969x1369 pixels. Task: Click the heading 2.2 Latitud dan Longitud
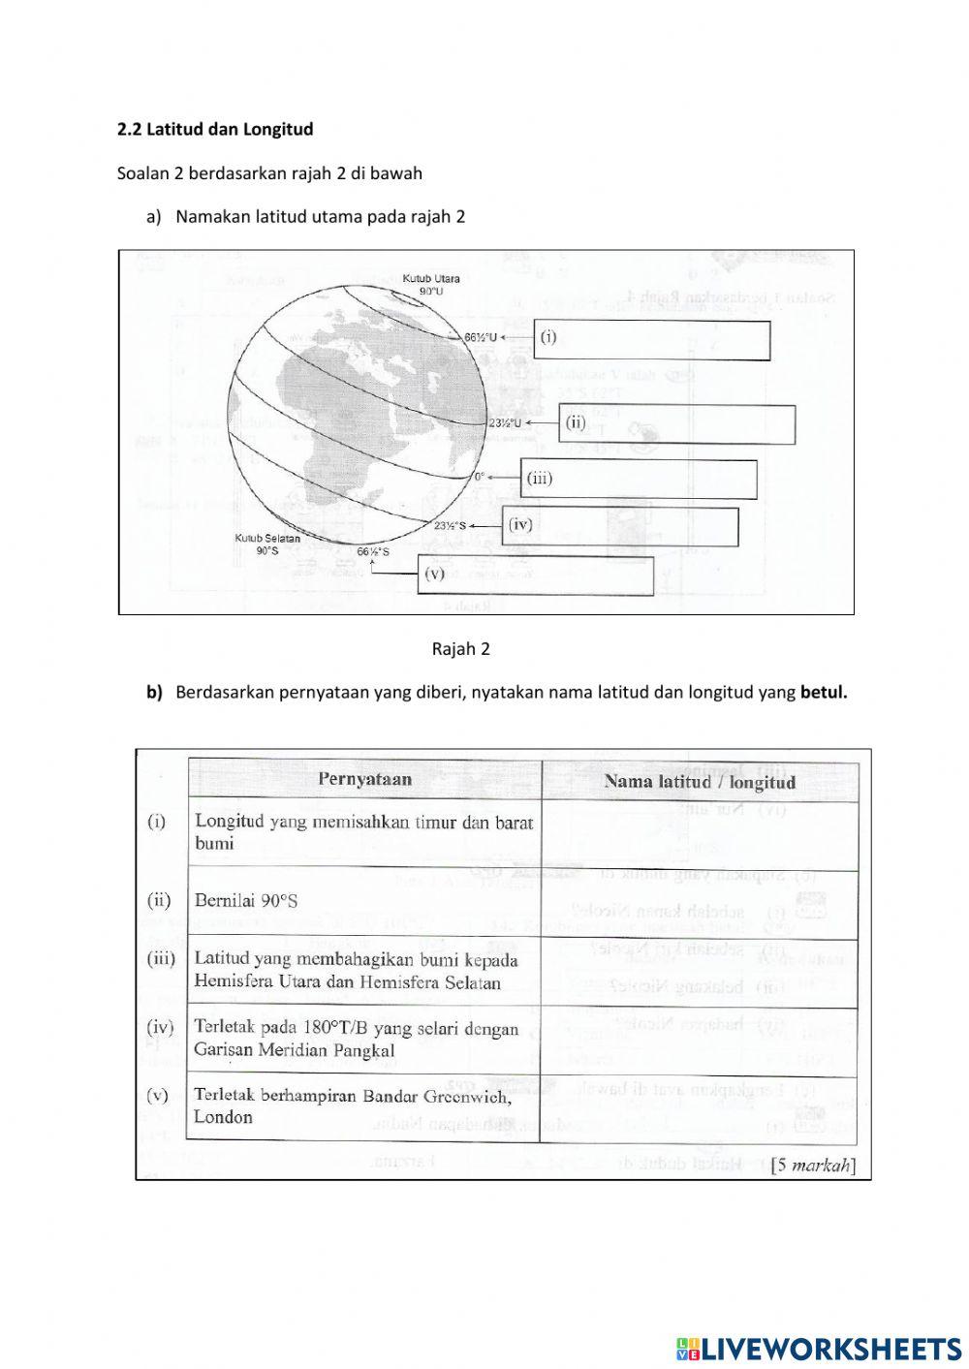click(x=214, y=129)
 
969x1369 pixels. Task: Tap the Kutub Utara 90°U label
click(x=431, y=285)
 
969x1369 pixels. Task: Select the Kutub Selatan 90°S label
click(x=267, y=544)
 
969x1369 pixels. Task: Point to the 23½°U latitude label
click(x=505, y=423)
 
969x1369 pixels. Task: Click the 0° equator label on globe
click(x=480, y=478)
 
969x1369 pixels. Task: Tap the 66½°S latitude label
click(x=373, y=551)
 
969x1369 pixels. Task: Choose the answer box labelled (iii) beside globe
click(x=639, y=479)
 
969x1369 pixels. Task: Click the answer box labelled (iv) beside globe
click(x=619, y=526)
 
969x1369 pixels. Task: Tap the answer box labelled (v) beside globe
click(x=535, y=575)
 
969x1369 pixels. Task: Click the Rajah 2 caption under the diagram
click(x=460, y=649)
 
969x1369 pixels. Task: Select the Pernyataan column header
click(x=364, y=779)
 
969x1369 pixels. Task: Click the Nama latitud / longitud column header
click(x=699, y=782)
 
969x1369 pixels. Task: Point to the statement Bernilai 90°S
click(x=246, y=901)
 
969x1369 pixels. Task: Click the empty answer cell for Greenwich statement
click(x=698, y=1107)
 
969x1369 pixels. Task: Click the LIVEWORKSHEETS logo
click(x=819, y=1348)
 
